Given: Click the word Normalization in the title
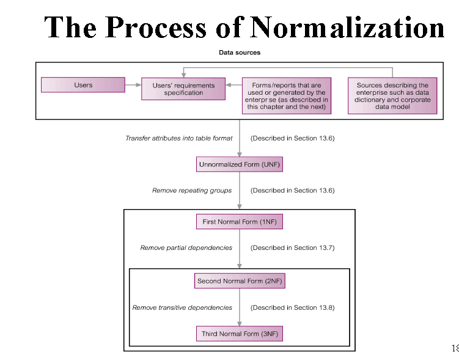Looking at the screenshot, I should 347,28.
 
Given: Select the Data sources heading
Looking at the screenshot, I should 240,53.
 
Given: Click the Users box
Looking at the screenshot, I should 83,85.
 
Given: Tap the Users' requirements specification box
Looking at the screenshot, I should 183,89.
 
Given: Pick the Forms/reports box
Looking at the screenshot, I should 287,96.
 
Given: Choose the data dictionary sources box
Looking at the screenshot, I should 392,96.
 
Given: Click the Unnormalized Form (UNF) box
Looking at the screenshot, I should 240,165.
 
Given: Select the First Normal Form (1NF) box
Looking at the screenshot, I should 240,222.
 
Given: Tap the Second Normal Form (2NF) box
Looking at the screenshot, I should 240,281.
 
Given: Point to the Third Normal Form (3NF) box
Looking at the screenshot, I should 240,334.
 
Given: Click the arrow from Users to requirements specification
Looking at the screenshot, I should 133,85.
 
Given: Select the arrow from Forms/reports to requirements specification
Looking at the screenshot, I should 234,85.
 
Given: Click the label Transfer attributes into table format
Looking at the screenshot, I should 179,138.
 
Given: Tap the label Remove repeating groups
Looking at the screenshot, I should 192,191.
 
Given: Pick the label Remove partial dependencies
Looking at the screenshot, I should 186,248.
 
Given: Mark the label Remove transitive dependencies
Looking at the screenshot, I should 182,307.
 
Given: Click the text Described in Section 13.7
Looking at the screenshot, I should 292,248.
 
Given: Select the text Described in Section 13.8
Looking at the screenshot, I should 292,307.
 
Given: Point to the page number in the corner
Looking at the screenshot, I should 454,348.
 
